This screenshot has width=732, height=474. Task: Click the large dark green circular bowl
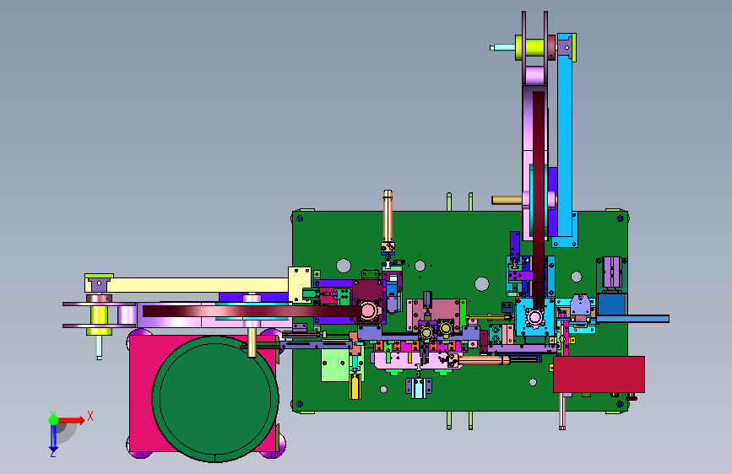click(x=215, y=399)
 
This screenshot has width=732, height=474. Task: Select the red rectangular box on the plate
click(x=599, y=374)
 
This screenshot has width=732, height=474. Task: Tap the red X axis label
click(x=90, y=416)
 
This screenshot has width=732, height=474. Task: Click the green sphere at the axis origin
click(x=53, y=420)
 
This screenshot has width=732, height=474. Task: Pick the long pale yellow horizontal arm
click(x=187, y=284)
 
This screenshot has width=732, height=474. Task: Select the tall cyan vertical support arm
click(x=565, y=140)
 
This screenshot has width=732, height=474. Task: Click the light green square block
click(x=334, y=365)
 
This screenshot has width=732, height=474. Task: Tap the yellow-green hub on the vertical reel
click(x=530, y=48)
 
